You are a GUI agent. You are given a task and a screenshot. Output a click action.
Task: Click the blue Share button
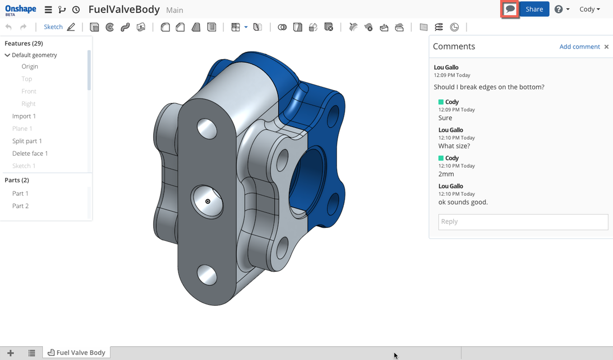534,9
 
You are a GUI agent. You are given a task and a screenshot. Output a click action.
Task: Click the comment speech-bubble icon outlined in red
510,9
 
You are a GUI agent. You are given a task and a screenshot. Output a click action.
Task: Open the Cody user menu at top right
590,9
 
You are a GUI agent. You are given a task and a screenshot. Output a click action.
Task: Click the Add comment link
579,46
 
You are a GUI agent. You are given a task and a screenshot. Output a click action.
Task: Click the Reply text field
523,222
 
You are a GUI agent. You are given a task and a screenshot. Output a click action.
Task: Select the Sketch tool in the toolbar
53,27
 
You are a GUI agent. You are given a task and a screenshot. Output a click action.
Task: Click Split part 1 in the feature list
27,141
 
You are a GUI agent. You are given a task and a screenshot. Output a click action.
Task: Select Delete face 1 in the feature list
30,153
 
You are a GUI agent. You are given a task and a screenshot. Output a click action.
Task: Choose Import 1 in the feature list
24,116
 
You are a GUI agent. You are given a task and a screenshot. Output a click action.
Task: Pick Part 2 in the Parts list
20,206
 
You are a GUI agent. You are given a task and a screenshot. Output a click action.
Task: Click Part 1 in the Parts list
20,194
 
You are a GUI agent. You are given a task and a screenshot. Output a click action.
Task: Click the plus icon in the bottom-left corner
11,353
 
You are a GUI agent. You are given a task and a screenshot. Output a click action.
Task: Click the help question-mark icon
559,9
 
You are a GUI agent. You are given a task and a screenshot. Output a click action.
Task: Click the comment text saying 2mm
446,174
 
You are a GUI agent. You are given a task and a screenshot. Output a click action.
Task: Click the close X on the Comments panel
606,46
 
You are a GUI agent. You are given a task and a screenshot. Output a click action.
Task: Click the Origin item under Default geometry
30,66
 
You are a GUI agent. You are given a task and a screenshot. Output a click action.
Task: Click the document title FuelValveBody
124,10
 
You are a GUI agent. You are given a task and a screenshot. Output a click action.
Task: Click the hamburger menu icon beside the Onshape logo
48,10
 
